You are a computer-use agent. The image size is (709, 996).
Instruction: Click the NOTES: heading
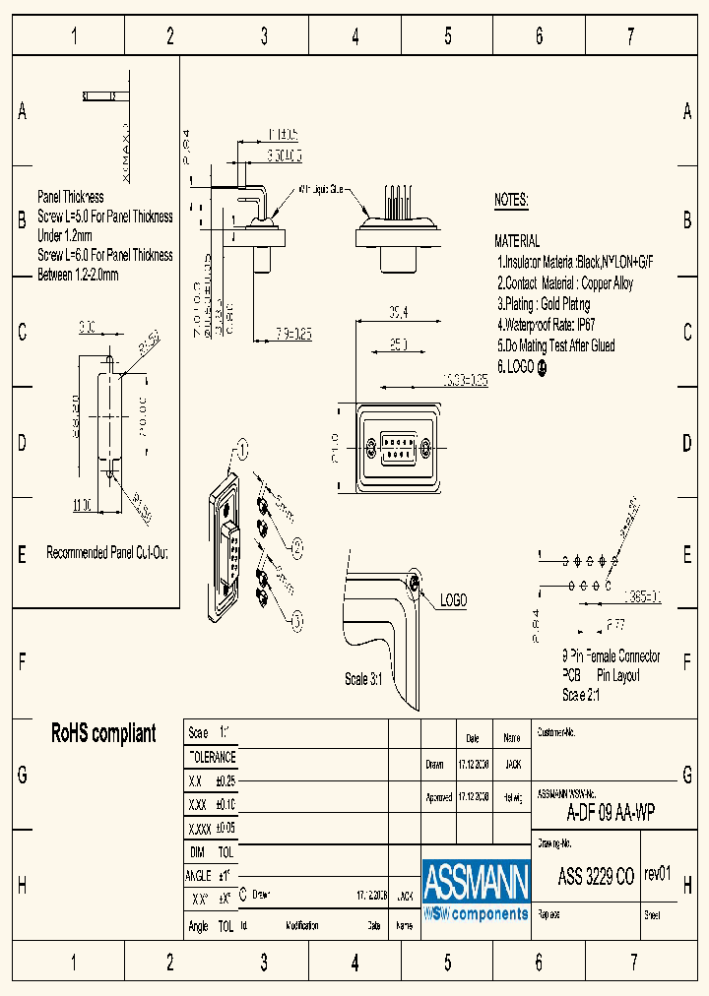pos(511,201)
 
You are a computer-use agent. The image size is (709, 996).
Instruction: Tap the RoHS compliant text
pos(103,734)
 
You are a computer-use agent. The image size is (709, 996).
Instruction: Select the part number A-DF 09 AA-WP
pos(611,814)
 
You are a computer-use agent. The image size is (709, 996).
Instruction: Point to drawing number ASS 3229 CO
pos(596,878)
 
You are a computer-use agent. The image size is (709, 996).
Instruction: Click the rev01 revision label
pos(658,874)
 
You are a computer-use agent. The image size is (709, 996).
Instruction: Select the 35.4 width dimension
pos(398,313)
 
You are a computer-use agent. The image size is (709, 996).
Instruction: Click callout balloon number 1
pos(242,452)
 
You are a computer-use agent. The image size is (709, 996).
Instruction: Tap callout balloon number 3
pos(298,619)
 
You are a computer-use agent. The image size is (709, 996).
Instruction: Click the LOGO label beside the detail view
pos(453,600)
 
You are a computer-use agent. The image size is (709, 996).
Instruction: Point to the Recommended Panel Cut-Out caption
pos(107,553)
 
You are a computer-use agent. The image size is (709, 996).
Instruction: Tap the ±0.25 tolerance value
pos(225,780)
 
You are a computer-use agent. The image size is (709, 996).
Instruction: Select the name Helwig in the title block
pos(512,797)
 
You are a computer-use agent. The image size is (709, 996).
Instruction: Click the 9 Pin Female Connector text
pos(611,656)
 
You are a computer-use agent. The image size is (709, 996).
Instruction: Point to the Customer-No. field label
pos(555,733)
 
